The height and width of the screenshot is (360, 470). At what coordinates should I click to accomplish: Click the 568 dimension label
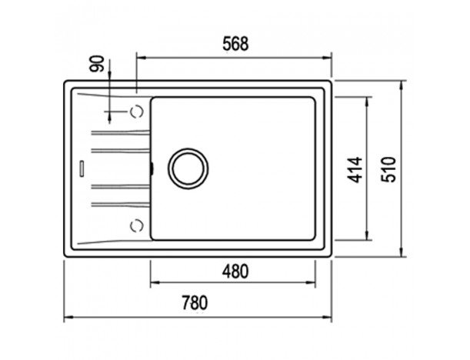point(235,44)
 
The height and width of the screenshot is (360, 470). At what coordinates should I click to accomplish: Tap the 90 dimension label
point(97,64)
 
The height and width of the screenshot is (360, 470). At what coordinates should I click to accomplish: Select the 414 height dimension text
point(355,170)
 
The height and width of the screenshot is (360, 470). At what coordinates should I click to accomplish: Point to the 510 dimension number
point(388,169)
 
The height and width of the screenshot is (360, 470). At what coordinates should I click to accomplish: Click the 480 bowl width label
point(235,272)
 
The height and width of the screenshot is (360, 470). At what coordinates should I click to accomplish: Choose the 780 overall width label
point(195,303)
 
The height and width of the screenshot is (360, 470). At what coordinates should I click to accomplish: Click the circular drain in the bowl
point(188,168)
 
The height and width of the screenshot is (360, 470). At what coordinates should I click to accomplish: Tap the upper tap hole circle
point(137,112)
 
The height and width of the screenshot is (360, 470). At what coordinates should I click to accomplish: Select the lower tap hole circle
point(137,225)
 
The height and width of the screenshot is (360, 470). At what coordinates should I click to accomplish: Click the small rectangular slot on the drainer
point(82,168)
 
